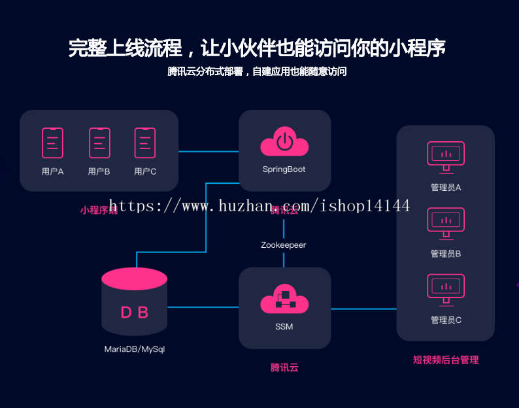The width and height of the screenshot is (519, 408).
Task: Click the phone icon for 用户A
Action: point(53,143)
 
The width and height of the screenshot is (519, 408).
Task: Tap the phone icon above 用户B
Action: point(99,143)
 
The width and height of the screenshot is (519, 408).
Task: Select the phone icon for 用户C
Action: point(145,143)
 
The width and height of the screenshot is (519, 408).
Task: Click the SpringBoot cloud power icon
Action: point(284,143)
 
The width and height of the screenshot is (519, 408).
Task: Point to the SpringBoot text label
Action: point(284,169)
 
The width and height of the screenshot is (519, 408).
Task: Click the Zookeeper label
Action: point(284,245)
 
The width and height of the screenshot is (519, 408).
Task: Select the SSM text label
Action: point(284,326)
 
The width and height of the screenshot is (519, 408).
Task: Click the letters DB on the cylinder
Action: point(135,313)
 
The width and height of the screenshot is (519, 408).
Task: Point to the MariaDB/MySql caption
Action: point(135,349)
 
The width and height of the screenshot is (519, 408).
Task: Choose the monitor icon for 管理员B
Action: point(446,222)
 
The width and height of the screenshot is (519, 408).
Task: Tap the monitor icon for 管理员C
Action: point(446,289)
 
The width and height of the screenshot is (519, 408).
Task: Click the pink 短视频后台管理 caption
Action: point(446,360)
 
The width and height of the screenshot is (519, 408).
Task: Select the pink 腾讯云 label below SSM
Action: point(284,367)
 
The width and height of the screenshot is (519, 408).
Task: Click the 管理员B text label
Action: point(446,254)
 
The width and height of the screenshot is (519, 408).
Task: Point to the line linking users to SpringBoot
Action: point(209,152)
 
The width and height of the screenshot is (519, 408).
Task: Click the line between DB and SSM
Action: point(203,307)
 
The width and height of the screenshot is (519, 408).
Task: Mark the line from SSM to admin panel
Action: point(363,309)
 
